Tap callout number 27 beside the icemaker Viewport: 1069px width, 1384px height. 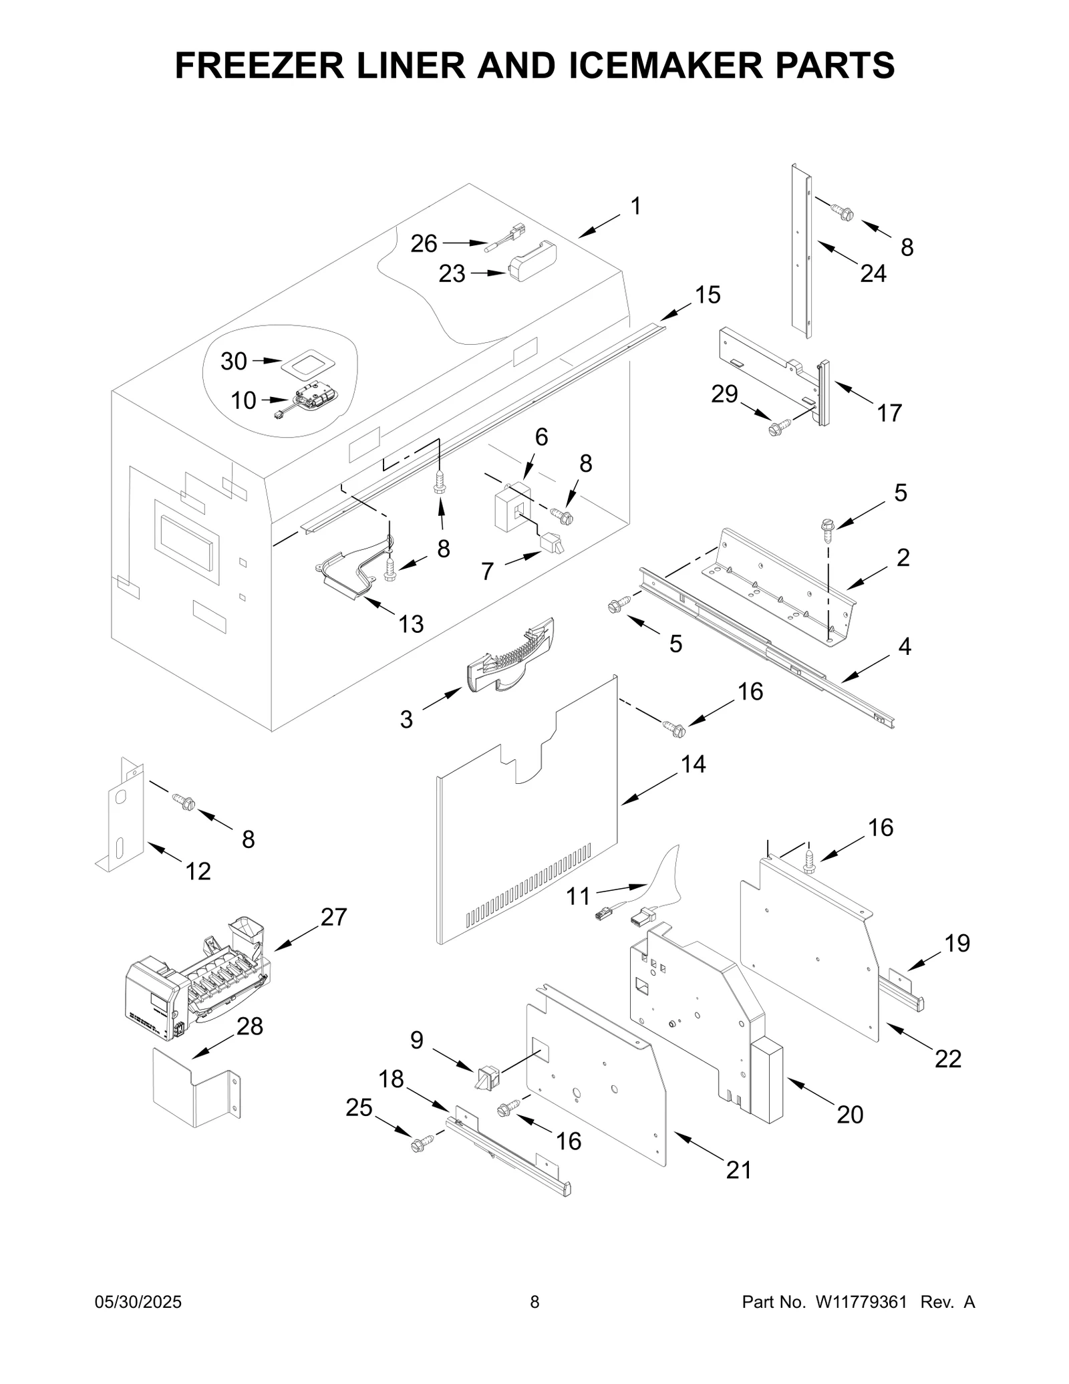[x=333, y=917]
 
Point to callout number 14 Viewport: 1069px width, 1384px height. [x=693, y=764]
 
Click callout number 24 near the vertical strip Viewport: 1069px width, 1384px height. [x=873, y=273]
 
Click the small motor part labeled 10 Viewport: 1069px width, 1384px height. [x=311, y=401]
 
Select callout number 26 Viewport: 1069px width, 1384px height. [x=424, y=243]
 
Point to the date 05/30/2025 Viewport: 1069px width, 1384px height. [x=138, y=1302]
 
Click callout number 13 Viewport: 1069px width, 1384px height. [x=411, y=624]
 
